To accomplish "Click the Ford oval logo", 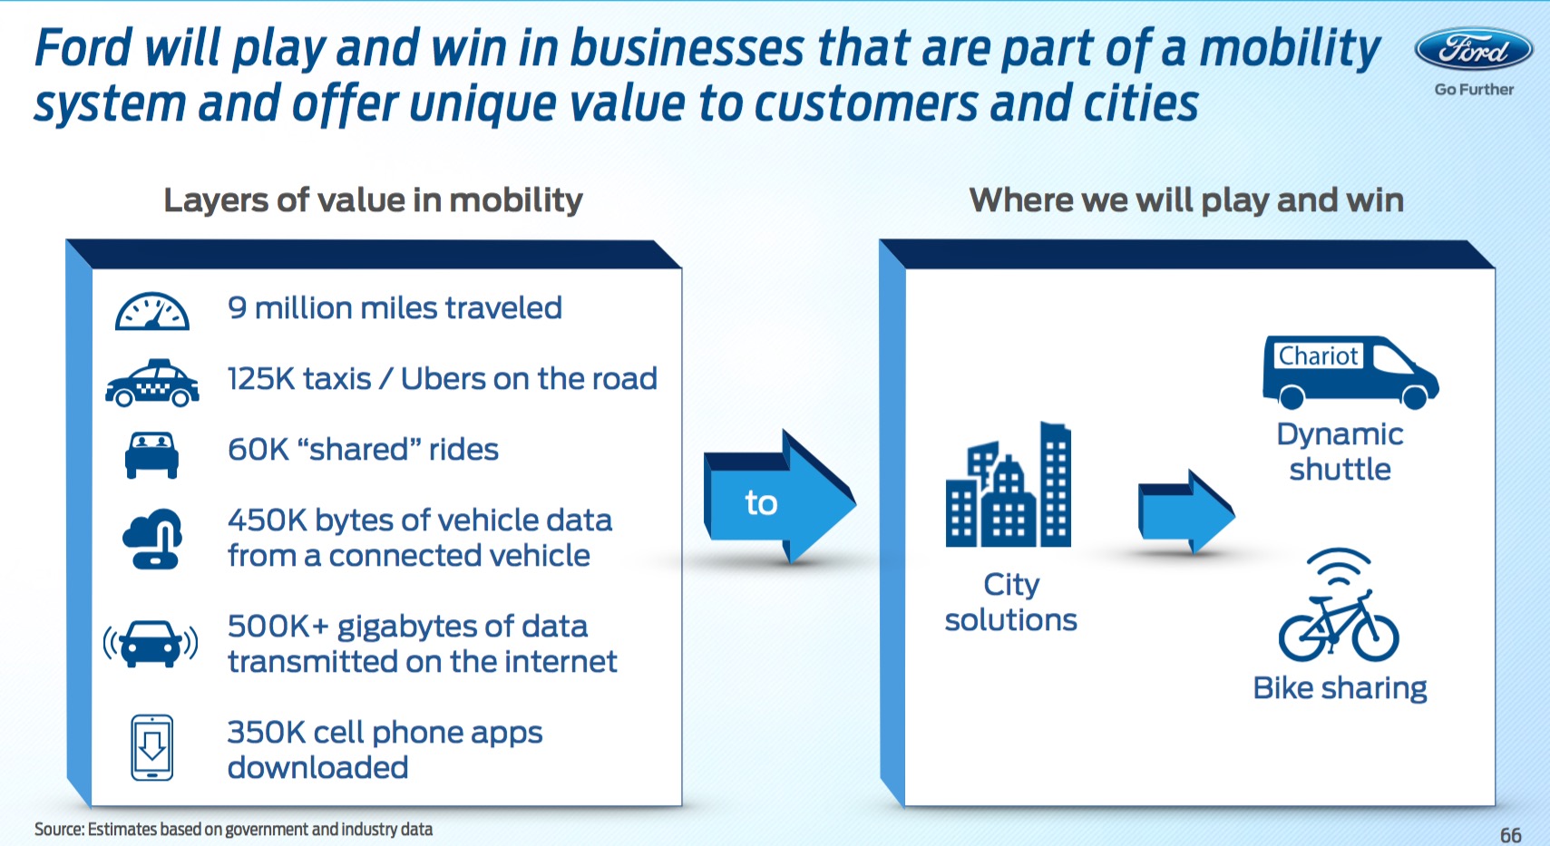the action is (x=1473, y=49).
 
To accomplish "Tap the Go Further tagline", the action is (x=1474, y=89).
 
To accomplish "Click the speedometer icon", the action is (x=152, y=311).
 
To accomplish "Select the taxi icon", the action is (x=152, y=383).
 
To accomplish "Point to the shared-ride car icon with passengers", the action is (x=151, y=454).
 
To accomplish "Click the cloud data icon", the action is (x=152, y=539).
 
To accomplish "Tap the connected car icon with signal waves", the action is (x=151, y=643).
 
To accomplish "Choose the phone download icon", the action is (x=152, y=748).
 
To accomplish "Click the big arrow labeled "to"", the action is (x=779, y=498).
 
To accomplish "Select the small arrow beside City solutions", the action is (x=1186, y=512).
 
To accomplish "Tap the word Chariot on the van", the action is (x=1318, y=355).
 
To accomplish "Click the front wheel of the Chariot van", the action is (x=1414, y=396).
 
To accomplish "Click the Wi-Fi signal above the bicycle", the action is (x=1339, y=566).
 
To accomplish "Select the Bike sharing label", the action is (x=1340, y=688).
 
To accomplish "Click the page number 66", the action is (x=1511, y=835).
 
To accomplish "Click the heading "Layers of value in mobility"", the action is (x=373, y=199).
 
